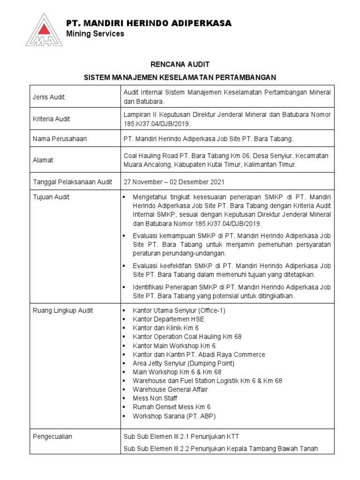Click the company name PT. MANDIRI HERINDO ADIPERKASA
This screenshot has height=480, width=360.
pyautogui.click(x=149, y=23)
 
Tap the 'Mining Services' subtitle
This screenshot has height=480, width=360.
pyautogui.click(x=95, y=34)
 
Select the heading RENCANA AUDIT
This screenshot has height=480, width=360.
pyautogui.click(x=180, y=64)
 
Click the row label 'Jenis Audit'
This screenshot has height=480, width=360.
pyautogui.click(x=49, y=97)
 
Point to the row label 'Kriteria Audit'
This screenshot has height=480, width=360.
pyautogui.click(x=51, y=119)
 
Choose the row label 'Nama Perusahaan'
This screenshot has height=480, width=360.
pyautogui.click(x=60, y=139)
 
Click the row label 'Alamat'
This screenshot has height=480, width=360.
pyautogui.click(x=43, y=160)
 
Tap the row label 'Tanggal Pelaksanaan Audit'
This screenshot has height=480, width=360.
pyautogui.click(x=72, y=182)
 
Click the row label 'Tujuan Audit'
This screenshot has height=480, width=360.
pyautogui.click(x=51, y=197)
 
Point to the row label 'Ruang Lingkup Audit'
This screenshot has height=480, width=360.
pyautogui.click(x=62, y=310)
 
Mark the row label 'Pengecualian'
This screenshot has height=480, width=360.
pyautogui.click(x=52, y=436)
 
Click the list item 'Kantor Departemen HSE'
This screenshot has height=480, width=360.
pyautogui.click(x=168, y=319)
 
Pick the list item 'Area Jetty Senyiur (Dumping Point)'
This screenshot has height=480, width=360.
pyautogui.click(x=183, y=363)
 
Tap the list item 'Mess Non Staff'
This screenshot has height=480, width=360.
pyautogui.click(x=155, y=398)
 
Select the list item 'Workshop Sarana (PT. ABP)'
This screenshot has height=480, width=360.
pyautogui.click(x=174, y=416)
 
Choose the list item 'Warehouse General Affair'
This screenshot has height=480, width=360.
pyautogui.click(x=170, y=389)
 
